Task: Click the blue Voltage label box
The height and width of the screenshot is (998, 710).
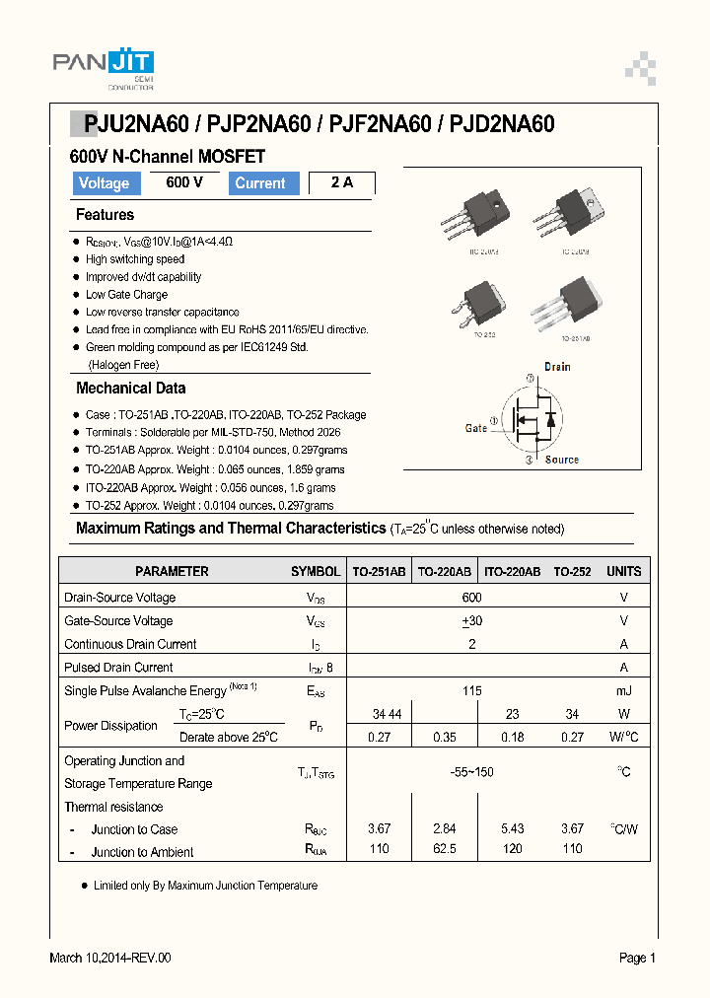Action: [104, 183]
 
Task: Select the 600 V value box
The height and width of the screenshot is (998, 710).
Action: [184, 182]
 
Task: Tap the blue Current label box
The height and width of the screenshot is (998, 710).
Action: [261, 183]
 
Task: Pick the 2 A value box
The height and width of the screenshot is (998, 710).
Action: [341, 182]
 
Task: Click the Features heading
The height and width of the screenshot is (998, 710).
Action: [105, 215]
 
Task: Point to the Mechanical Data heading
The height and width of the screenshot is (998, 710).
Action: [130, 389]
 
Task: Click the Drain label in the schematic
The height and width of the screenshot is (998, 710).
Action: [557, 367]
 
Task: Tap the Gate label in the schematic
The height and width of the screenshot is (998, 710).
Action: [476, 428]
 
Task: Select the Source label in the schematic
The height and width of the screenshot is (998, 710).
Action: [562, 460]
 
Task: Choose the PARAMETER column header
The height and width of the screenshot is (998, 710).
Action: [172, 571]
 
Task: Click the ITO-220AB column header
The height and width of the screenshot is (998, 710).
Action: [511, 571]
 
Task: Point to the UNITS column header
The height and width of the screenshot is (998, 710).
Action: [623, 571]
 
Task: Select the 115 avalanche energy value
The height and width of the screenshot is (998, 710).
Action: [472, 691]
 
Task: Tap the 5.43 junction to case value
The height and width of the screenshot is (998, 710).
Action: [513, 828]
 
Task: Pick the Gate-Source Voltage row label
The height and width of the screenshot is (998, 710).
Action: [118, 620]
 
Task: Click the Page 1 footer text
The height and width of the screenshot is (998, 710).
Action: [637, 958]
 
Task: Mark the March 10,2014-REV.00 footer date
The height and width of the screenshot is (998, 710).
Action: [110, 958]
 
